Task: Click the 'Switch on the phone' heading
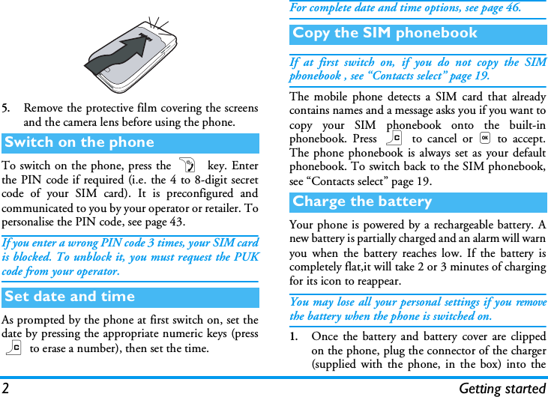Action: (x=79, y=142)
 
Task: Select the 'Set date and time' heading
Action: (x=70, y=297)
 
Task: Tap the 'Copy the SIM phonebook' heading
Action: (x=385, y=33)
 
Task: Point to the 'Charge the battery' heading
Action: (x=362, y=201)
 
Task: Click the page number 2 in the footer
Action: (x=5, y=388)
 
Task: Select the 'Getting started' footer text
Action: (x=502, y=388)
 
